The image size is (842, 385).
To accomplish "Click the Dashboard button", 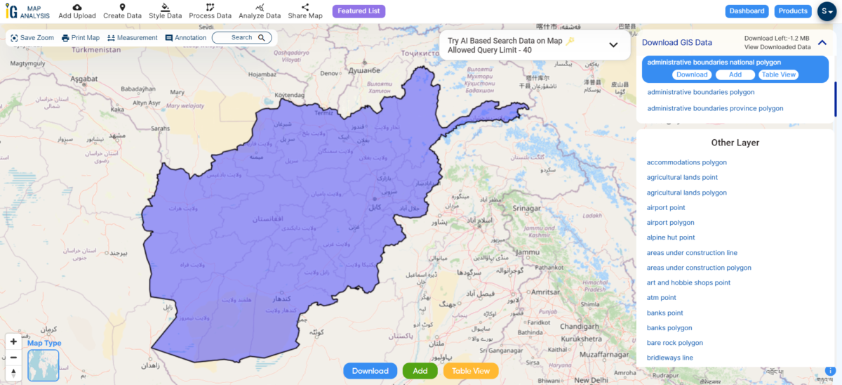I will pos(747,11).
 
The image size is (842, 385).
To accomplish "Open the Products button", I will pos(793,11).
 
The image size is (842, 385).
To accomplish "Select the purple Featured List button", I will pos(359,11).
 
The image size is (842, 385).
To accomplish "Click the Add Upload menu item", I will pos(77,11).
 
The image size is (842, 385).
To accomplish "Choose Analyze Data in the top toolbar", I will pos(260,11).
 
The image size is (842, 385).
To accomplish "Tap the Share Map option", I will pos(305,11).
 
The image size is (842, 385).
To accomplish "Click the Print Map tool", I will pos(81,38).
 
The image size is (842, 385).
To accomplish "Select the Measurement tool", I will pos(133,38).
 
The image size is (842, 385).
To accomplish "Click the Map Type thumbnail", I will pos(44,365).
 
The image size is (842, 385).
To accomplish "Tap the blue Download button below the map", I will pos(370,371).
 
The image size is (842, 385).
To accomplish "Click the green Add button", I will pos(420,371).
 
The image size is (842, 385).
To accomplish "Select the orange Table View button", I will pos(471,371).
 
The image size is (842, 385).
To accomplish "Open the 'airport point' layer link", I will pos(666,207).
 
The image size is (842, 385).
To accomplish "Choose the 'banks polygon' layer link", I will pos(669,328).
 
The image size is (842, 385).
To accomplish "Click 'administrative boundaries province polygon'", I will pos(715,108).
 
